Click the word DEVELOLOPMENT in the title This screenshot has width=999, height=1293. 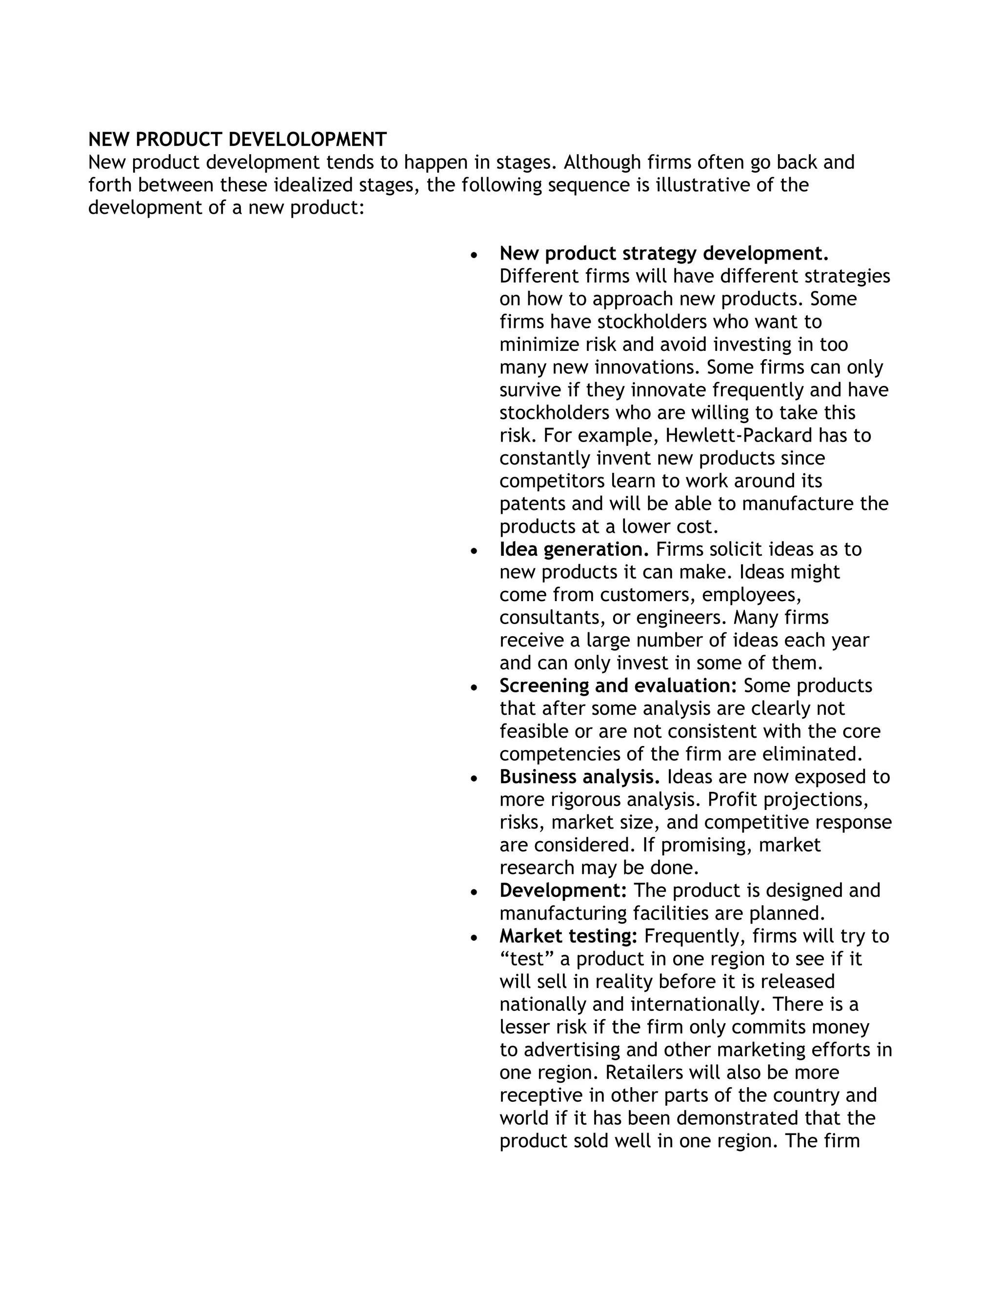click(x=307, y=140)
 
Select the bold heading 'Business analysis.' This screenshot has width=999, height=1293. click(x=579, y=777)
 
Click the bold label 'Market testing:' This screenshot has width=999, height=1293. click(x=568, y=936)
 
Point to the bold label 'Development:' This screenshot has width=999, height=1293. click(x=563, y=890)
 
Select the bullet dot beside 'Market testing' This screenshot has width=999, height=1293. click(x=474, y=938)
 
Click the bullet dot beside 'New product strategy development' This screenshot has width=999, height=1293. click(x=474, y=255)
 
